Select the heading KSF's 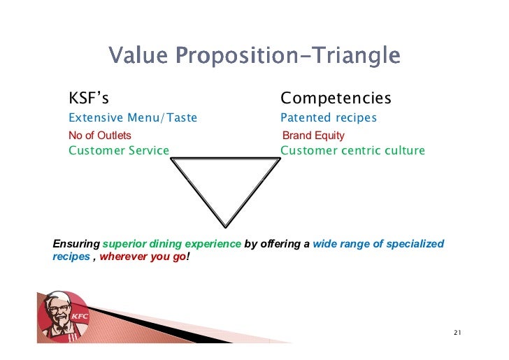[88, 98]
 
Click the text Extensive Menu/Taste [133, 118]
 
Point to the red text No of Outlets [99, 136]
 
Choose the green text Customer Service [119, 150]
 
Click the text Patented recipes [329, 118]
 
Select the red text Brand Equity [313, 136]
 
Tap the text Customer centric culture [352, 150]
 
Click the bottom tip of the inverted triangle [225, 225]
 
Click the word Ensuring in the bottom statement [76, 244]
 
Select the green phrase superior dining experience [172, 244]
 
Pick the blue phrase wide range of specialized [378, 244]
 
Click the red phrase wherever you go [143, 257]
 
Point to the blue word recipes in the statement [71, 257]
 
